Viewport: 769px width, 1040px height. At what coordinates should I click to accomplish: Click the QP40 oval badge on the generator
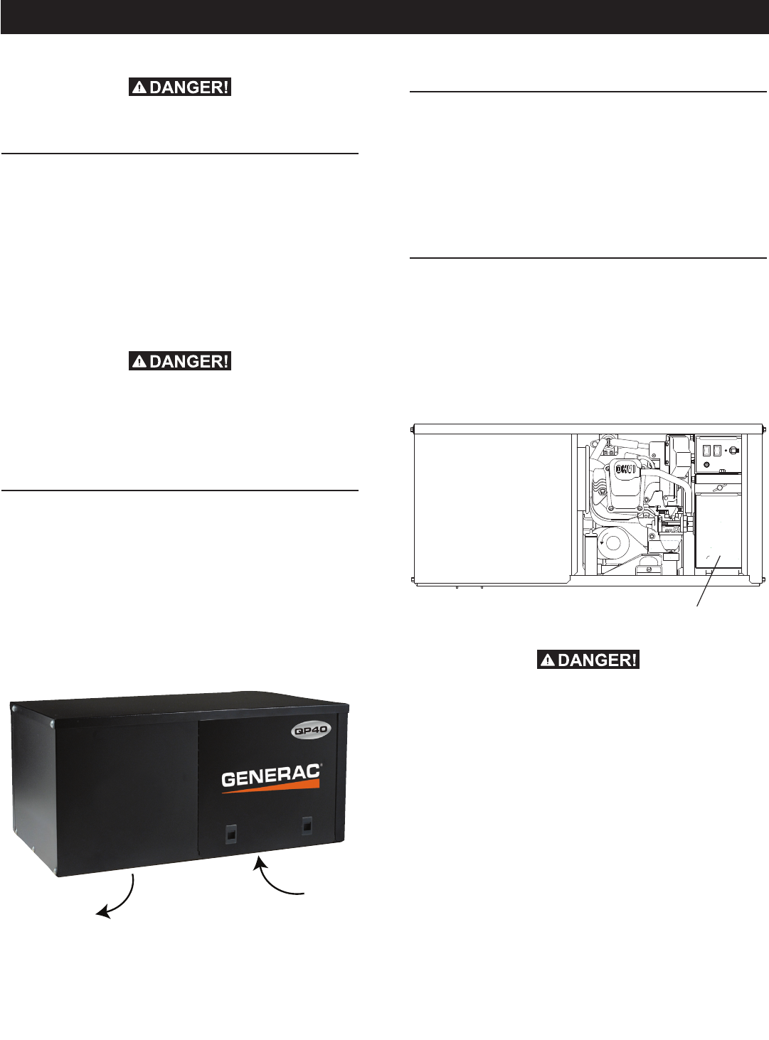(311, 730)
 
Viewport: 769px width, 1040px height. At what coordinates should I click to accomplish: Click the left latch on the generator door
(230, 833)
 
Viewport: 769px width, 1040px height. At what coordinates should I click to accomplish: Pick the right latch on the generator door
(307, 825)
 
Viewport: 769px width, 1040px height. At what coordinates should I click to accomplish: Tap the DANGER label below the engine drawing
(588, 660)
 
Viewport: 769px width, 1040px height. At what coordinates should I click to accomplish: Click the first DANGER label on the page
(180, 87)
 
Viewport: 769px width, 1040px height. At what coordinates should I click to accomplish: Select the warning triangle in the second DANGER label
(140, 362)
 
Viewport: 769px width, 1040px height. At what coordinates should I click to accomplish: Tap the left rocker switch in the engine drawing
(706, 450)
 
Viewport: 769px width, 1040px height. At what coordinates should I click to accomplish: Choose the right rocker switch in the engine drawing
(717, 450)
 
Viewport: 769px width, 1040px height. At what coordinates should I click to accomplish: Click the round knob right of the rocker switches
(734, 450)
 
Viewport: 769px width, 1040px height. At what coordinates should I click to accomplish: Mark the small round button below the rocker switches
(706, 465)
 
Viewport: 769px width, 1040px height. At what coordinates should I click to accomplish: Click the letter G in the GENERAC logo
(228, 780)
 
